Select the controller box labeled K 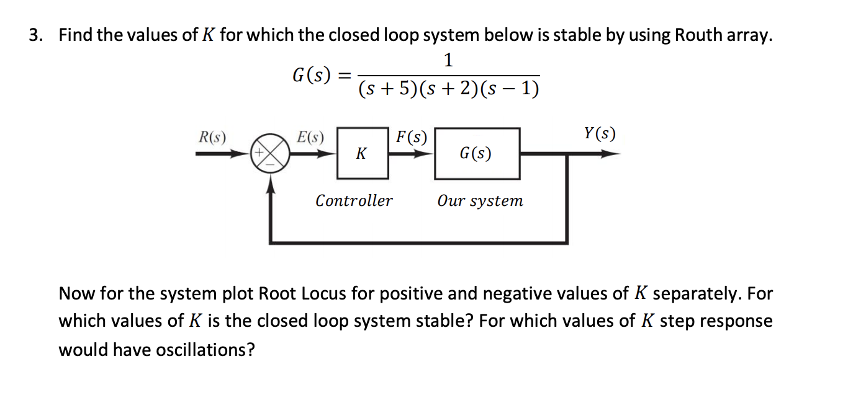pos(362,153)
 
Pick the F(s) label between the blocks pos(411,136)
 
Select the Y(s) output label pos(600,133)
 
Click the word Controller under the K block pos(354,201)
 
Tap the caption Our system pos(480,201)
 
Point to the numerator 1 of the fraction pos(449,60)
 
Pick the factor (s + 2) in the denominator pos(449,91)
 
